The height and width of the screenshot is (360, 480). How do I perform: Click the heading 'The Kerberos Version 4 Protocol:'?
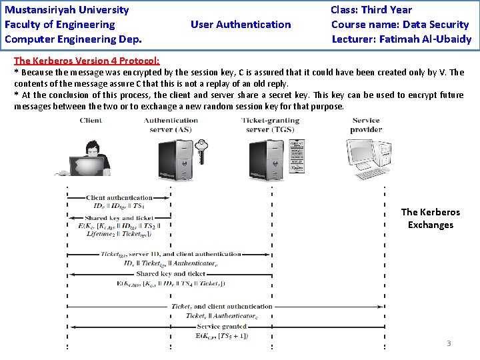(87, 60)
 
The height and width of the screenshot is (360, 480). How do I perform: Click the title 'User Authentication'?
(241, 25)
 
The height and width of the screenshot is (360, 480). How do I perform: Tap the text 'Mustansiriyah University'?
(67, 10)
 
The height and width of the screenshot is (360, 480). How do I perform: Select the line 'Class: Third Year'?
(371, 10)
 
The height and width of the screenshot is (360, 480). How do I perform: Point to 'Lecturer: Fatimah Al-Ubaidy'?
(401, 39)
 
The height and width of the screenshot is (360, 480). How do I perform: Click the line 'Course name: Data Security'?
(400, 25)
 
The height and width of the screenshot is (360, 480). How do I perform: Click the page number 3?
(449, 343)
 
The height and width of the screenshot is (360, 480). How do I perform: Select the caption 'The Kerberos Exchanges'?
(430, 219)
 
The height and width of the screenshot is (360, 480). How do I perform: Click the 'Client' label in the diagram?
(91, 121)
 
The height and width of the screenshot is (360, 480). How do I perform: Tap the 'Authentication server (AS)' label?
(171, 125)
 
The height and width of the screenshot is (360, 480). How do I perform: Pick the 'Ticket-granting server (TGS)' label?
(270, 125)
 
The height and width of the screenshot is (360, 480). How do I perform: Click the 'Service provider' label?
(366, 125)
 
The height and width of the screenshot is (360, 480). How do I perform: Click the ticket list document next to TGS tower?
(296, 158)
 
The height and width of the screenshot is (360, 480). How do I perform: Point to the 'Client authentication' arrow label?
(119, 197)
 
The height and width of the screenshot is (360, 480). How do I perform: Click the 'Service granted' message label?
(222, 327)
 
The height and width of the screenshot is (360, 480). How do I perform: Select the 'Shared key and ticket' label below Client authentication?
(119, 218)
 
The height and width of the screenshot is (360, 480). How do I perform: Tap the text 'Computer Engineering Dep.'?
(73, 39)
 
